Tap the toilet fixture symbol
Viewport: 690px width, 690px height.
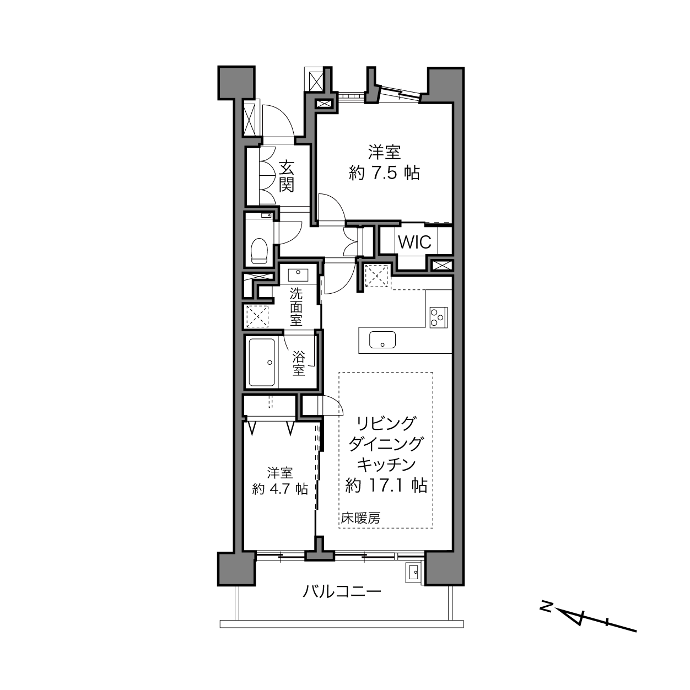260,251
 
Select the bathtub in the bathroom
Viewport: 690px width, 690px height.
262,363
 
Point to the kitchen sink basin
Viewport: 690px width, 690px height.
382,339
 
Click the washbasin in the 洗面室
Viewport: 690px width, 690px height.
298,274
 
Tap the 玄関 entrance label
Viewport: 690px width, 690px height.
287,176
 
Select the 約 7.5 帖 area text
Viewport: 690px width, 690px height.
384,173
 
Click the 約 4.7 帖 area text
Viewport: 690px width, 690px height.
279,489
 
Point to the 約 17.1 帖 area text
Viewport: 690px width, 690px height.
386,486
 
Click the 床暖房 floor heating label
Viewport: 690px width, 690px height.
360,518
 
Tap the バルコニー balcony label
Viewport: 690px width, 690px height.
342,591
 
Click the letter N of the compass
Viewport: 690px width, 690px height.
546,605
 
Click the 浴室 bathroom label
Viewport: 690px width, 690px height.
299,363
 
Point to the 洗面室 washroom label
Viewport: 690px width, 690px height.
296,307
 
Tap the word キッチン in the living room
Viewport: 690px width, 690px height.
386,465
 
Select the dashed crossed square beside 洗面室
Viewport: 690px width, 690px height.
257,316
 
